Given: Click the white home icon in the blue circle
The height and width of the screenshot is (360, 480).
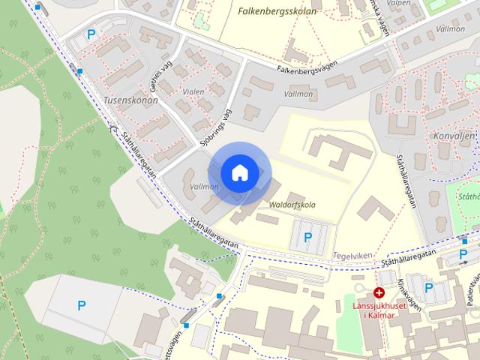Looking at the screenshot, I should tap(239, 172).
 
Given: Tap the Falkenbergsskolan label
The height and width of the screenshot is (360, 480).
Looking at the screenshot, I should tap(277, 11).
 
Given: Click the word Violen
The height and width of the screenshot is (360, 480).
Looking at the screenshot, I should tap(193, 92).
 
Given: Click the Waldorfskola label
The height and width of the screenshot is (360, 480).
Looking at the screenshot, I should tap(292, 204).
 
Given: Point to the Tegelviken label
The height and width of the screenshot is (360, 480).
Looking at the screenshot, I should tap(352, 255).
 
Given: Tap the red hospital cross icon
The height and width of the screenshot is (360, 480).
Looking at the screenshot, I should tap(379, 292).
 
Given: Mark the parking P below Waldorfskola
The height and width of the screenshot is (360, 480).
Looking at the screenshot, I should tap(307, 238).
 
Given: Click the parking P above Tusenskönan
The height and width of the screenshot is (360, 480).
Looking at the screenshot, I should tap(91, 34).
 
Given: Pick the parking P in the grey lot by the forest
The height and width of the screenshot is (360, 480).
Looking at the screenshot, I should tap(81, 304).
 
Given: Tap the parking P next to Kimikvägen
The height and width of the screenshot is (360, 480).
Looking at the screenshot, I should tap(429, 287).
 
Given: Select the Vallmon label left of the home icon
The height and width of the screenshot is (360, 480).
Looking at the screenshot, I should tap(204, 187).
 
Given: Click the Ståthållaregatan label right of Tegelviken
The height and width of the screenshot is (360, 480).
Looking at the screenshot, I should tap(409, 259).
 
